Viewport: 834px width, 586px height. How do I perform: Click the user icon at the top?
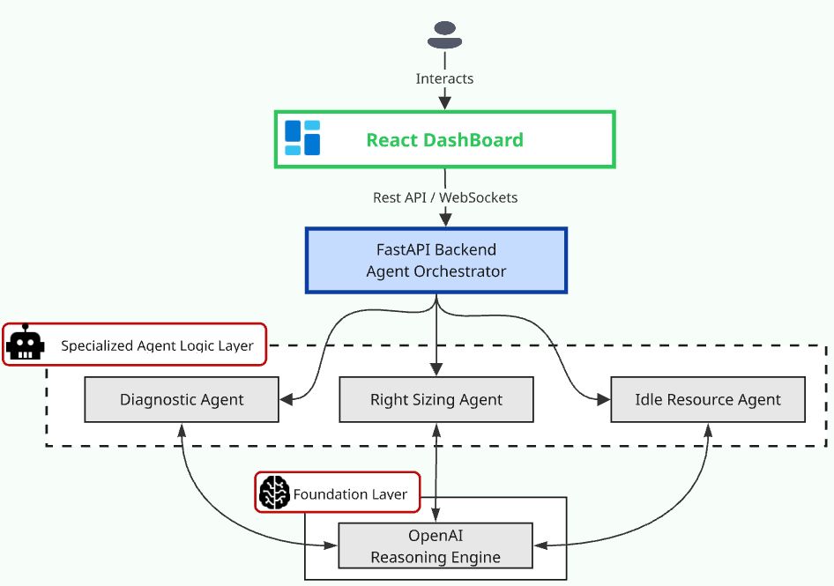point(444,35)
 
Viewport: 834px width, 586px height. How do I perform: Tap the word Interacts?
point(444,78)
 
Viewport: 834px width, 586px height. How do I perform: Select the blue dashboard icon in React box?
point(302,138)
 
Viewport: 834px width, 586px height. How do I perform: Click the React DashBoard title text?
point(444,139)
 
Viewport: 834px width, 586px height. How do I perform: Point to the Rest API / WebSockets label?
point(444,197)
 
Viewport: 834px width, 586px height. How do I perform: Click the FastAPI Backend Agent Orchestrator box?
point(436,260)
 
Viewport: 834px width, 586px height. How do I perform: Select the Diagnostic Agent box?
point(182,399)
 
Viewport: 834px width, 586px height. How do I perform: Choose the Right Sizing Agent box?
point(436,399)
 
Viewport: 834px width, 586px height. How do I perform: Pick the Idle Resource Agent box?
point(707,399)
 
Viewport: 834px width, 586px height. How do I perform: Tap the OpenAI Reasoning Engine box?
point(436,545)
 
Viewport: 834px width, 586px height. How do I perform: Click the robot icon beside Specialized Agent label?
point(25,345)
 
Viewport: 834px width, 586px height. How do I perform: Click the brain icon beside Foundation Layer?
point(275,493)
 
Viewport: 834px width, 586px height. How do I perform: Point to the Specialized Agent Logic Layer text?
point(157,346)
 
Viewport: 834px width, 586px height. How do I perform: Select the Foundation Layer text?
point(350,494)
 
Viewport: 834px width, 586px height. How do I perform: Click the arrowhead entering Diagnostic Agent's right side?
point(286,399)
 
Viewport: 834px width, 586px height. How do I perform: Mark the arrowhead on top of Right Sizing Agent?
point(436,371)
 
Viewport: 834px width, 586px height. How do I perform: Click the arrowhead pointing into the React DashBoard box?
point(444,104)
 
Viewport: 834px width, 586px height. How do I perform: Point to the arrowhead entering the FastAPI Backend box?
point(436,220)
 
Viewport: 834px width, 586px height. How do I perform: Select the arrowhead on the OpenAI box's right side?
point(540,545)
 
